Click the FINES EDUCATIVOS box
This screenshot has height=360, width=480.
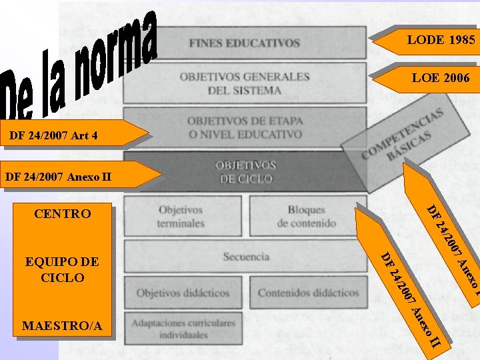click(x=244, y=43)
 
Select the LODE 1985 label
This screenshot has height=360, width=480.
click(x=441, y=40)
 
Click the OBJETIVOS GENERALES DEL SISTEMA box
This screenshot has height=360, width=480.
click(x=244, y=83)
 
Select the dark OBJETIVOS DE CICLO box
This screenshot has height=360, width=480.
click(x=245, y=171)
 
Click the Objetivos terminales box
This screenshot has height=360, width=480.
click(x=181, y=216)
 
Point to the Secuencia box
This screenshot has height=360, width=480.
click(x=246, y=257)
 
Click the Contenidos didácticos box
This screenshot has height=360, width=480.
click(x=308, y=293)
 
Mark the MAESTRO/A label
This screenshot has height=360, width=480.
click(x=62, y=326)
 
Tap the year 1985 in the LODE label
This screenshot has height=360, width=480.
click(x=461, y=40)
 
